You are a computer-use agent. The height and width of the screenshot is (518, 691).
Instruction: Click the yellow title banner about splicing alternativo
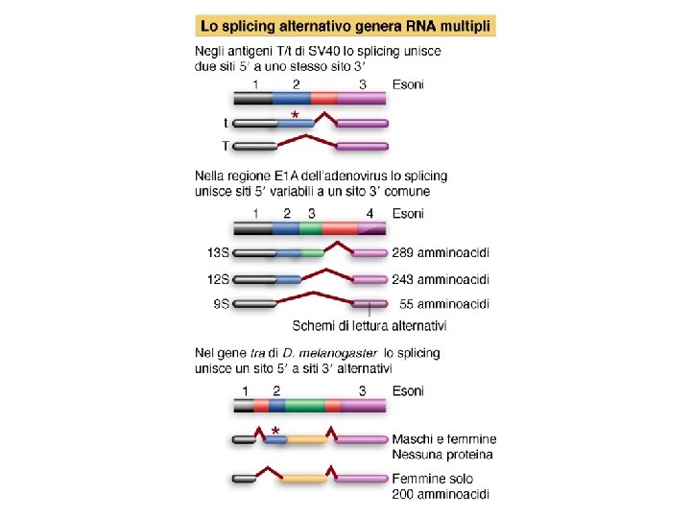pyautogui.click(x=345, y=24)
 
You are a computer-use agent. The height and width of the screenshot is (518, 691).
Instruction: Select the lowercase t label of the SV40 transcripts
pyautogui.click(x=226, y=123)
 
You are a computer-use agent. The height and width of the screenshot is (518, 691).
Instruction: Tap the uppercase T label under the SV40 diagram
pyautogui.click(x=225, y=146)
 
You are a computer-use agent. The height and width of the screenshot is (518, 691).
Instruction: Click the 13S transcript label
pyautogui.click(x=219, y=254)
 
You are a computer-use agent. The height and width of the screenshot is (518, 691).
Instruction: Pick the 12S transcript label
pyautogui.click(x=219, y=279)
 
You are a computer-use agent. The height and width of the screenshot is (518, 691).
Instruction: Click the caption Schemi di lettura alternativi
pyautogui.click(x=369, y=326)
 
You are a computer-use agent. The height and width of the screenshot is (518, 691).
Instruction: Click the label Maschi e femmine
pyautogui.click(x=444, y=439)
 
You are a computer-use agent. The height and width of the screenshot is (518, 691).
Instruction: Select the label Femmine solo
pyautogui.click(x=435, y=479)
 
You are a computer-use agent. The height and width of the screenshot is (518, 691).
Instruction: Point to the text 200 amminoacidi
pyautogui.click(x=441, y=494)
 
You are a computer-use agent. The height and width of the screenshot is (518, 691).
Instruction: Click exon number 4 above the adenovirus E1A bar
pyautogui.click(x=369, y=213)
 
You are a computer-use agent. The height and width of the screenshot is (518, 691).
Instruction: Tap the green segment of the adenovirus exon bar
pyautogui.click(x=310, y=229)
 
